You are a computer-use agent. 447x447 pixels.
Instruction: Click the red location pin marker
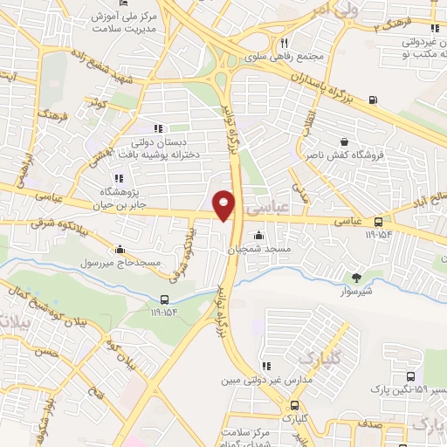[x=224, y=204]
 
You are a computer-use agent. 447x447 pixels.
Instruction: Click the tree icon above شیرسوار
[x=355, y=278]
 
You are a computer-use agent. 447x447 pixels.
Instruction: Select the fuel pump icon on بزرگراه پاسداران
[x=375, y=99]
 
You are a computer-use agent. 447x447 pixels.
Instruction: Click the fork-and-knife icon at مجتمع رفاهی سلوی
[x=284, y=43]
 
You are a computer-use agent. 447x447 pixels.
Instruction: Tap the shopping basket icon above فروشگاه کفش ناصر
[x=344, y=141]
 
